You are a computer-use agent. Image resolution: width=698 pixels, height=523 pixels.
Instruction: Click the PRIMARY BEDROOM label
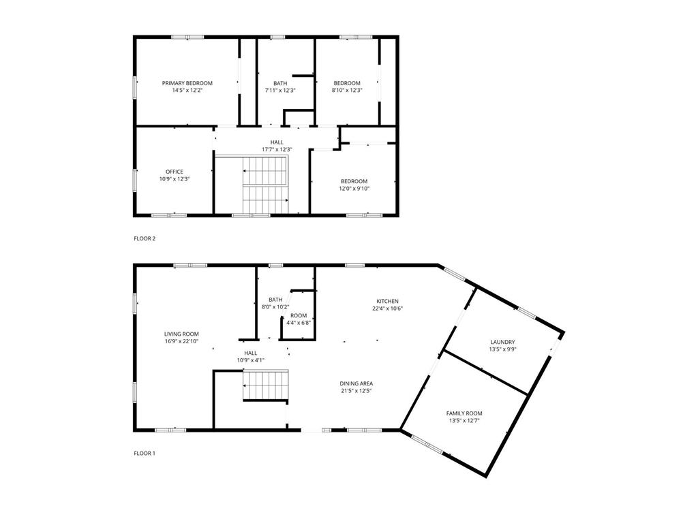pyautogui.click(x=187, y=83)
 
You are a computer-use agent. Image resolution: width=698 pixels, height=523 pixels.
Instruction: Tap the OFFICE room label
pyautogui.click(x=174, y=172)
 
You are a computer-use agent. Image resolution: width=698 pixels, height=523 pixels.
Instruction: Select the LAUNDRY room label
pyautogui.click(x=502, y=342)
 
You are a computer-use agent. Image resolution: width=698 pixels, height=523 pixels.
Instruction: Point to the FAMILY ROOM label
pyautogui.click(x=464, y=413)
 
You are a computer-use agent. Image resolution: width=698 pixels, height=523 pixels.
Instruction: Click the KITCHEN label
pyautogui.click(x=387, y=301)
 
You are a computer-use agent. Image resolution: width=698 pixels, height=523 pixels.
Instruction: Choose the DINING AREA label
pyautogui.click(x=356, y=383)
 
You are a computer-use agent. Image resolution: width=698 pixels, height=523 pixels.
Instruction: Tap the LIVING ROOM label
pyautogui.click(x=181, y=334)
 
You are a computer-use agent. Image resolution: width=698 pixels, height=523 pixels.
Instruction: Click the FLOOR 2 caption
pyautogui.click(x=145, y=238)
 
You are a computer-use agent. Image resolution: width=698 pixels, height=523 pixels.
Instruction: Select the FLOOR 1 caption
pyautogui.click(x=145, y=454)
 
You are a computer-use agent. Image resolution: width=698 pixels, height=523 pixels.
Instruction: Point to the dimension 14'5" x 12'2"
pyautogui.click(x=187, y=91)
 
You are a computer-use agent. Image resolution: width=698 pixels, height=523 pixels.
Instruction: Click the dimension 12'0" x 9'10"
pyautogui.click(x=354, y=189)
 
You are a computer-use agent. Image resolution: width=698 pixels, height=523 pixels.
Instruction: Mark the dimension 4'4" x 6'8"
pyautogui.click(x=299, y=323)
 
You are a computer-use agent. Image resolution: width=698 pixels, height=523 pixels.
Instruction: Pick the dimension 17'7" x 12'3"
pyautogui.click(x=277, y=149)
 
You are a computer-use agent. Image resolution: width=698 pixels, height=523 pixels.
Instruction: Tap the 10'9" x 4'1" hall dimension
pyautogui.click(x=251, y=360)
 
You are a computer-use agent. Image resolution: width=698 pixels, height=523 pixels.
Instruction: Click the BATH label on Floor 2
pyautogui.click(x=280, y=83)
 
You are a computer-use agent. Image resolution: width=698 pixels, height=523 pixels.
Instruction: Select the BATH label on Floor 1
pyautogui.click(x=275, y=300)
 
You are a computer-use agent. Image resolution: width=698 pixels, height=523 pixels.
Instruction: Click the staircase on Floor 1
pyautogui.click(x=265, y=386)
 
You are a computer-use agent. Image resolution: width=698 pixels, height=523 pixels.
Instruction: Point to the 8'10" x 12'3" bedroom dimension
pyautogui.click(x=347, y=91)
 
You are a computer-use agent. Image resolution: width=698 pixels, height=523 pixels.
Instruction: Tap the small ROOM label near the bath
pyautogui.click(x=299, y=316)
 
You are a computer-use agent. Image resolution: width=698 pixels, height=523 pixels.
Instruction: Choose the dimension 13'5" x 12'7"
pyautogui.click(x=464, y=420)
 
